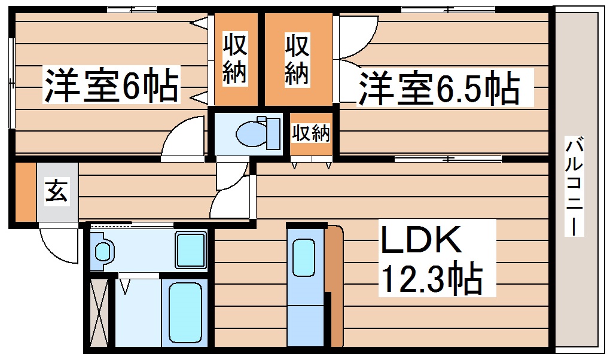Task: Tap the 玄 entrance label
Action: click(56, 193)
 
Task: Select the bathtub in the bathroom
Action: click(185, 312)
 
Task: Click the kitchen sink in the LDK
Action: click(304, 257)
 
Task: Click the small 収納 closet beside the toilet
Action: click(310, 133)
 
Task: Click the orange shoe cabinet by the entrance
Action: click(25, 192)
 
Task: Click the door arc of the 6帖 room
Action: click(183, 139)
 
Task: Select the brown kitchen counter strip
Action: click(334, 287)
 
